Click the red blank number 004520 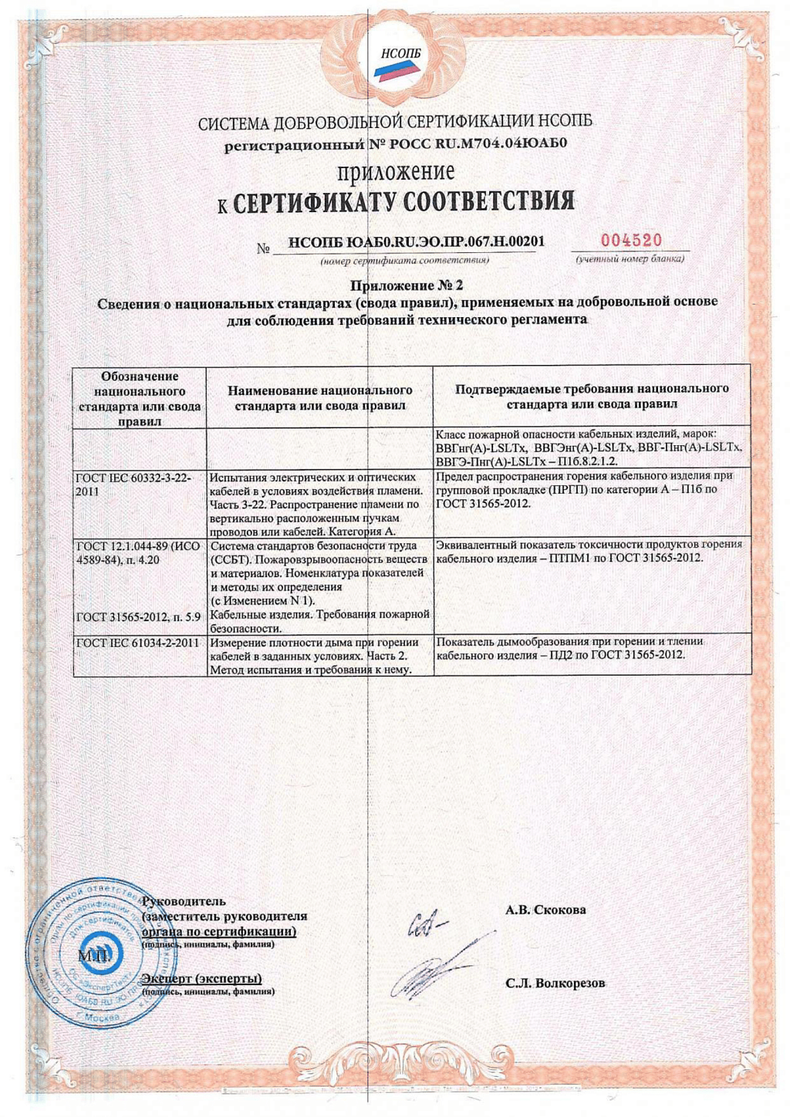631,241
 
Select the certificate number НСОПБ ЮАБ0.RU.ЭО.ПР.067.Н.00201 416,242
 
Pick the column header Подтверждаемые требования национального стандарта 592,397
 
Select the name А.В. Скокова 545,910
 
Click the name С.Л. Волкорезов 555,984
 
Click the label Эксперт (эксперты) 202,979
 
